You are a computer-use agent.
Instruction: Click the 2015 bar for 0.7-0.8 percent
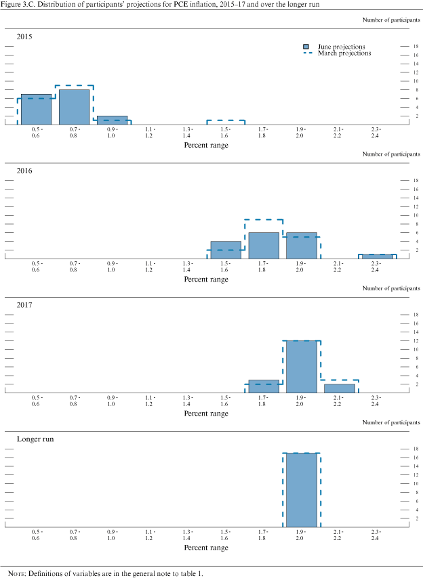(75, 107)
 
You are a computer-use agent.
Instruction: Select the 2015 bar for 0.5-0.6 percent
(37, 110)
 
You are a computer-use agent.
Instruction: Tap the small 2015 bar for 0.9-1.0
(113, 120)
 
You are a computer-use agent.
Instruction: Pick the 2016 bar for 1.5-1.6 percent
(226, 250)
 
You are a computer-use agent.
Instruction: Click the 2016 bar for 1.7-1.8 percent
(264, 246)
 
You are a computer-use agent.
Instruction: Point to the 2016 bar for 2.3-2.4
(376, 257)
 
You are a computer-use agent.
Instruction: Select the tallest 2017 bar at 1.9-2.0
(301, 366)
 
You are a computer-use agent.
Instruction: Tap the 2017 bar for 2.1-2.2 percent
(339, 388)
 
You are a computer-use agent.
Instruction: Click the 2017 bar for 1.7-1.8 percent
(264, 386)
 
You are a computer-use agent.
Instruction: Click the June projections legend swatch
(307, 47)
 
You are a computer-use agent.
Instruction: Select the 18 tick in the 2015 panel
(406, 46)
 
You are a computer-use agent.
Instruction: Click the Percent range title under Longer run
(206, 548)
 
